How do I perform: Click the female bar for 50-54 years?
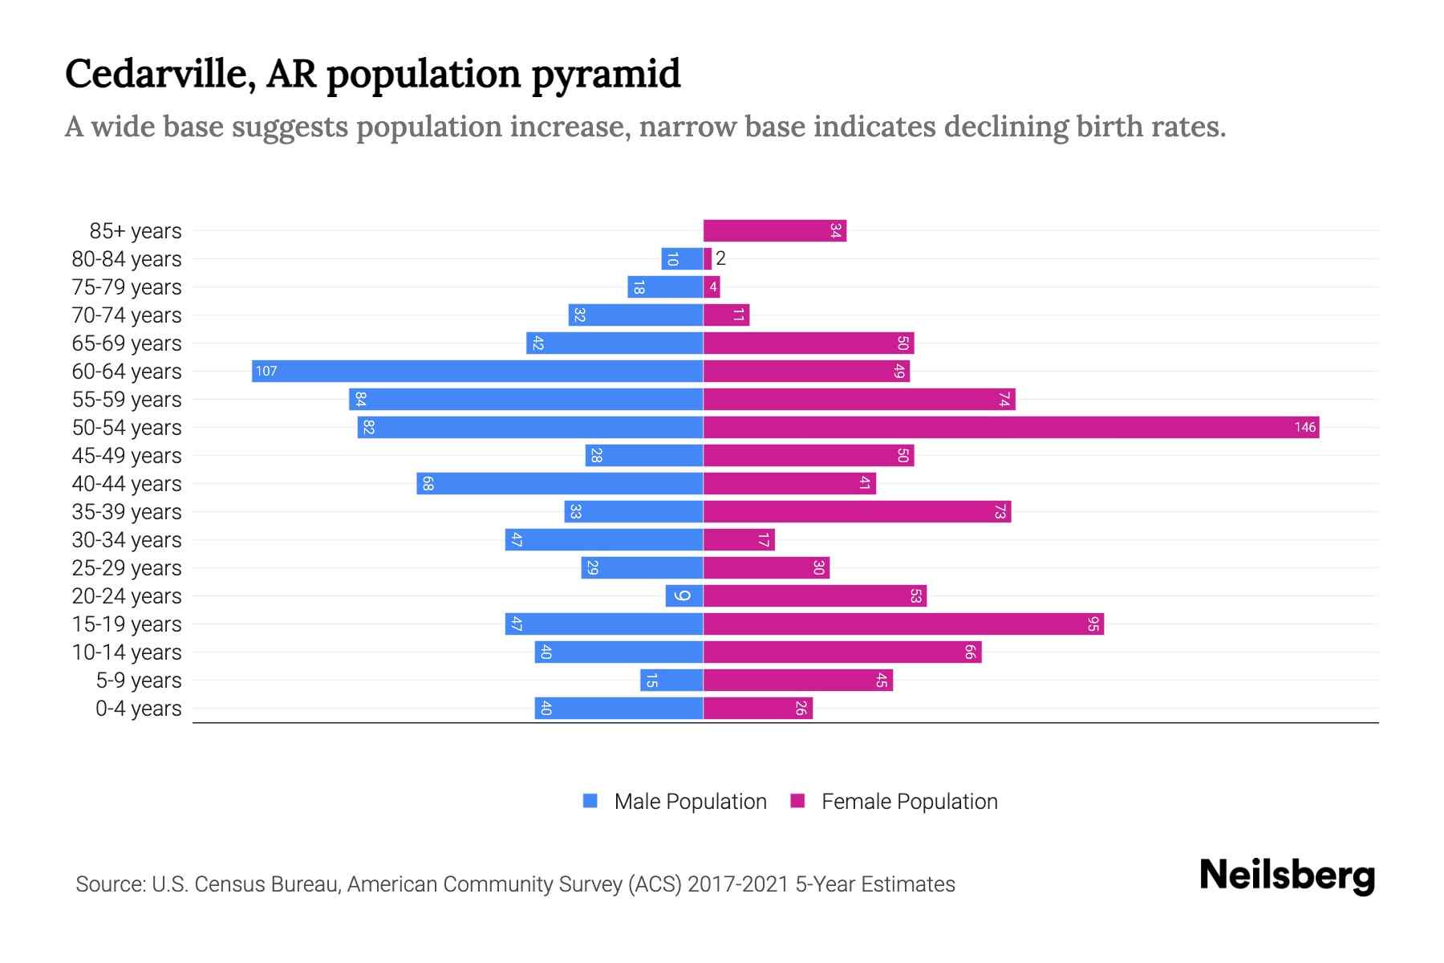pos(1011,428)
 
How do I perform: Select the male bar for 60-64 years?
pos(477,372)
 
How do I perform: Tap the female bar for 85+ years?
pos(774,231)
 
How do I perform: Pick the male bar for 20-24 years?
pos(684,596)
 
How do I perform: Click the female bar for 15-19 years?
pos(902,624)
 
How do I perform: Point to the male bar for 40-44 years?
pos(560,484)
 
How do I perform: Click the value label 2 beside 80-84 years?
pos(720,258)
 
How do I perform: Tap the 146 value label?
pos(1304,428)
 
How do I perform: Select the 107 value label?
pos(266,372)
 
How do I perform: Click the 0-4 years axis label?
pos(138,709)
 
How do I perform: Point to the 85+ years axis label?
pos(135,231)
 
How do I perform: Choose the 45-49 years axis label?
pos(127,456)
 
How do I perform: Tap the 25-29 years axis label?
pos(127,568)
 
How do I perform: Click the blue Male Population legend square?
pos(590,801)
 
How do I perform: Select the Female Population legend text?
pos(909,802)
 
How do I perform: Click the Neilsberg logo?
pos(1286,876)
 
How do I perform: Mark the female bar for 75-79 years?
pos(712,287)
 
